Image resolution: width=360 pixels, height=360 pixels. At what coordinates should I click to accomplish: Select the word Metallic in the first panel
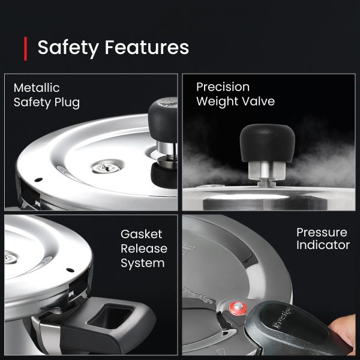(37, 88)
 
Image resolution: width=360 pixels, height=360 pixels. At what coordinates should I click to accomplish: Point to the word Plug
(67, 103)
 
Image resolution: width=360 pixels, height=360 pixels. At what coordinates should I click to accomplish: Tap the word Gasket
(142, 233)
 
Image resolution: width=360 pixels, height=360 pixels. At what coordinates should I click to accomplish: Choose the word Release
(144, 248)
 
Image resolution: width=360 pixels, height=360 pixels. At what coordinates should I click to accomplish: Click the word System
(143, 263)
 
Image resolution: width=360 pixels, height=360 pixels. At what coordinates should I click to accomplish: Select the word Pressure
(322, 232)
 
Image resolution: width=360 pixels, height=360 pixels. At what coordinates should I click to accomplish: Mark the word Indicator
(323, 245)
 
